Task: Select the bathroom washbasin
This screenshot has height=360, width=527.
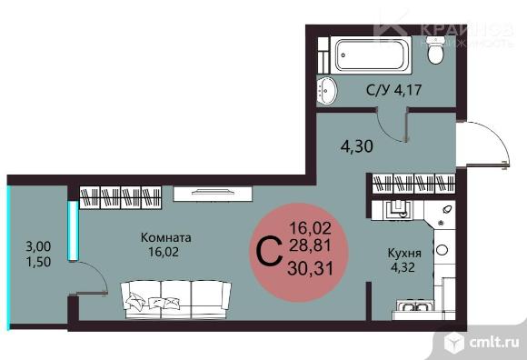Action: coord(326,89)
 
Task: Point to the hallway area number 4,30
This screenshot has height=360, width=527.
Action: coord(356,143)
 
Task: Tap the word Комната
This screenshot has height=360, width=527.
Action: coord(166,237)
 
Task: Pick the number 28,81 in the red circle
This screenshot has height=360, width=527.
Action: coord(309,246)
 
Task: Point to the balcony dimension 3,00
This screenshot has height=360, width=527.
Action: coord(37,245)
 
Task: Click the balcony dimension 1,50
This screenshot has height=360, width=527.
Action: coord(37,260)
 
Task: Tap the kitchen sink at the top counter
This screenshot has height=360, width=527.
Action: coord(397,212)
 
